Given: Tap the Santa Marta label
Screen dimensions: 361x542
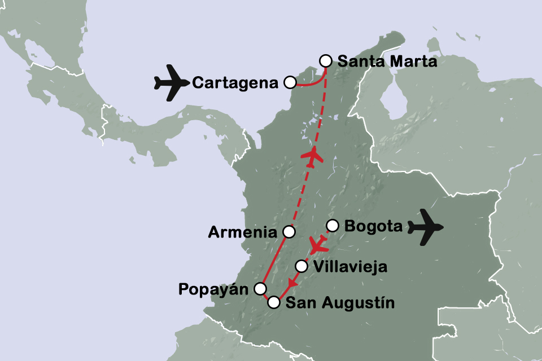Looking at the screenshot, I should [x=387, y=61].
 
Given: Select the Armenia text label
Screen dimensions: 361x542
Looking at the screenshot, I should [x=243, y=232].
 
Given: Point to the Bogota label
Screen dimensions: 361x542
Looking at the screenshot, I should [x=373, y=227].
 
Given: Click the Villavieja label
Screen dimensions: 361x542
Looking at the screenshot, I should [x=350, y=267].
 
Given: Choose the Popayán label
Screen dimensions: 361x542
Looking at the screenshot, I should [x=214, y=289].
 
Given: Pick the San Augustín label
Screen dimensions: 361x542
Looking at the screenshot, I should [x=338, y=303].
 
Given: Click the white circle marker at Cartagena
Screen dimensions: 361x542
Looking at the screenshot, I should [x=290, y=83].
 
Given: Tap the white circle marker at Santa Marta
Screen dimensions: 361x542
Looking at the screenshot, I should [x=326, y=61].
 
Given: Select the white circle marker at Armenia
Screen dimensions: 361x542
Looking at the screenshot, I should [x=289, y=231].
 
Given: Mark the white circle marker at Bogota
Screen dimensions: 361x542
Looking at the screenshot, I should [x=333, y=226].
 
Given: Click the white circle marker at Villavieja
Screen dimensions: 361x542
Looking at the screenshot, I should [x=302, y=266].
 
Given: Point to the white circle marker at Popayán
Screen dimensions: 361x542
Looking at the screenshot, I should [x=260, y=289].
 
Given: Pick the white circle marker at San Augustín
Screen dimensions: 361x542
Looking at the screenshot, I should [x=274, y=302].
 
